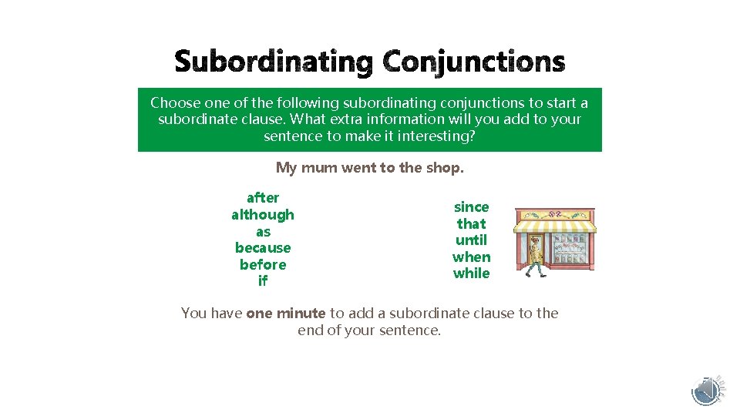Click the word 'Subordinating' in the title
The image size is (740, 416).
pyautogui.click(x=273, y=62)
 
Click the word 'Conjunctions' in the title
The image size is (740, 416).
pyautogui.click(x=473, y=62)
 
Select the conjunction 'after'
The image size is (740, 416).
pyautogui.click(x=263, y=198)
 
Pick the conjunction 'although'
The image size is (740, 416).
pyautogui.click(x=263, y=215)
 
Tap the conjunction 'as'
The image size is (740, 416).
pyautogui.click(x=263, y=232)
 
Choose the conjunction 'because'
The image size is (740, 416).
pyautogui.click(x=263, y=248)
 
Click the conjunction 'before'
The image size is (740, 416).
pyautogui.click(x=263, y=265)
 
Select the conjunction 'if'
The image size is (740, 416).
pyautogui.click(x=263, y=281)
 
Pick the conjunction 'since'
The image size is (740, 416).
pyautogui.click(x=471, y=206)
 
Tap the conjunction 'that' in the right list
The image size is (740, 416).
pyautogui.click(x=471, y=223)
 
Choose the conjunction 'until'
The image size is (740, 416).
pyautogui.click(x=471, y=240)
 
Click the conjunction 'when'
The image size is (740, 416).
pyautogui.click(x=471, y=257)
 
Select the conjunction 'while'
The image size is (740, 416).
pyautogui.click(x=471, y=273)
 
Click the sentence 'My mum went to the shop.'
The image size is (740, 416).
pyautogui.click(x=370, y=167)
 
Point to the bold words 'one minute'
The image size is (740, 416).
pyautogui.click(x=286, y=314)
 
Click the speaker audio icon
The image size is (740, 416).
pyautogui.click(x=706, y=391)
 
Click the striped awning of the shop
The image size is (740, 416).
pyautogui.click(x=555, y=226)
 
